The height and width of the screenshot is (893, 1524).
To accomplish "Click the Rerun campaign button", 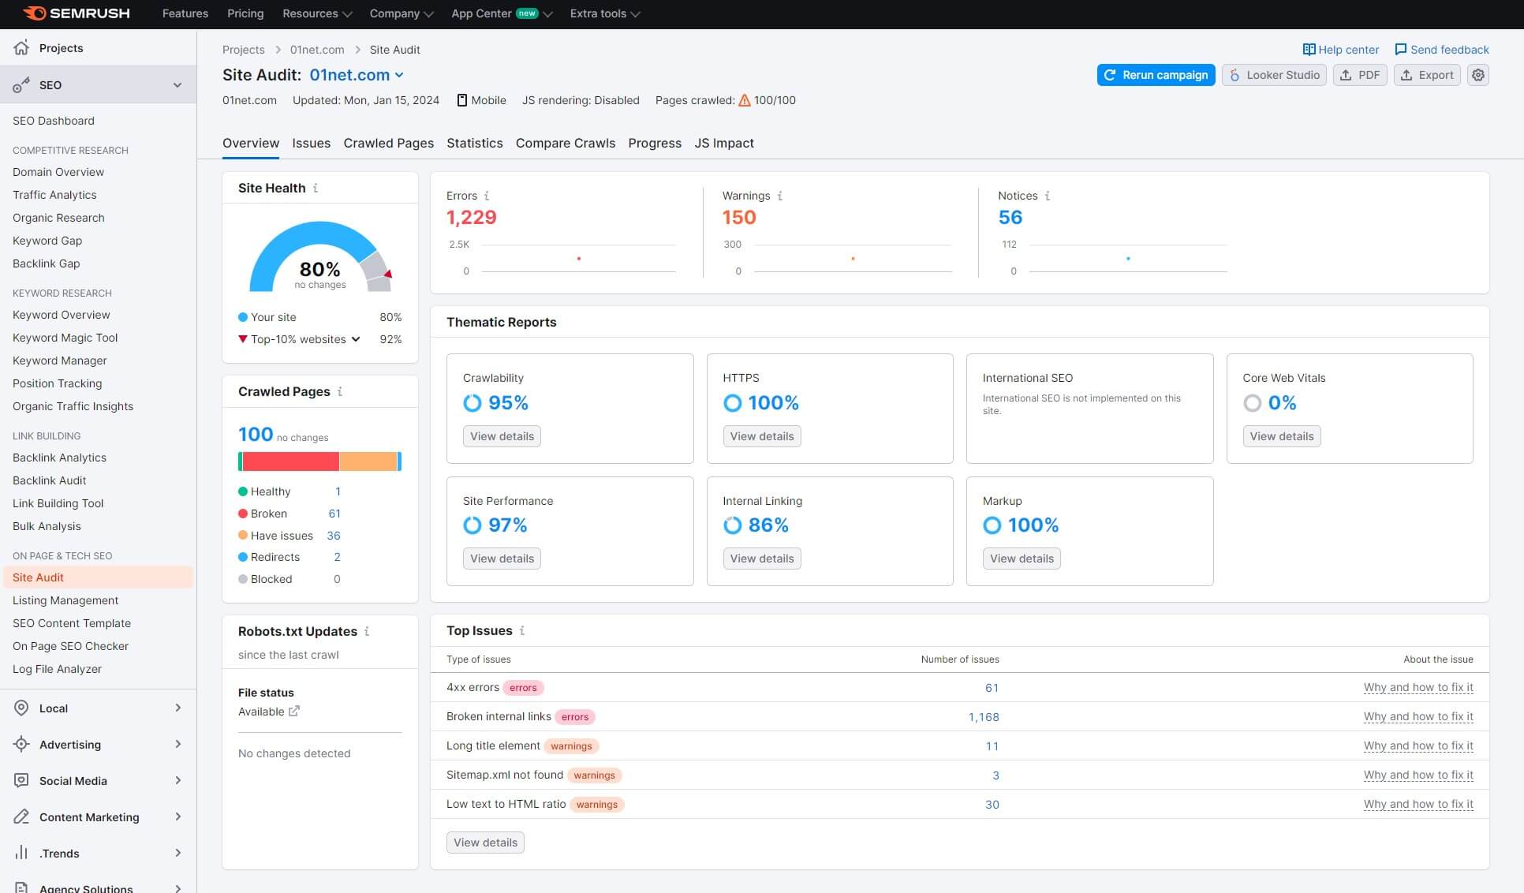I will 1156,75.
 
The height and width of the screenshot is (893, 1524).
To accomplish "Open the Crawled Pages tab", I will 388,143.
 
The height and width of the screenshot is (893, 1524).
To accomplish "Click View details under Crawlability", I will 502,436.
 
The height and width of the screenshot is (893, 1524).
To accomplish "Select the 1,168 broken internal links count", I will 983,717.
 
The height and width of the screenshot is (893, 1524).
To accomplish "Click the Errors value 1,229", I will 471,217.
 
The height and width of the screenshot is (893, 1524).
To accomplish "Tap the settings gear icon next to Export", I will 1478,75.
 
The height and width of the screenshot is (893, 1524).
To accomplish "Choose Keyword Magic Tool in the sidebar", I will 65,338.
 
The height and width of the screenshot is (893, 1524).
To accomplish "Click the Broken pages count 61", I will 334,514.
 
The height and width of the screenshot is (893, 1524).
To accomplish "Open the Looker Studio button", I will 1274,75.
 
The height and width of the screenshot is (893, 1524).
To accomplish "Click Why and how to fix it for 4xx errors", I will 1418,688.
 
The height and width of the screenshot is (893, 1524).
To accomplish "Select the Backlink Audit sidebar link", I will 49,480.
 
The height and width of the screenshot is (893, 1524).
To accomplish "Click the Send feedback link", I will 1441,50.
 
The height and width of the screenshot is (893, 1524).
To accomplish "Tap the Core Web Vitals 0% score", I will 1282,403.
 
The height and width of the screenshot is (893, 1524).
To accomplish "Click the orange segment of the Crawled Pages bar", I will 368,461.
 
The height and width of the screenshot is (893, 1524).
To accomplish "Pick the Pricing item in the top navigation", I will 245,13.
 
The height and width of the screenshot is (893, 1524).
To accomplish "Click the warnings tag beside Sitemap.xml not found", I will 594,775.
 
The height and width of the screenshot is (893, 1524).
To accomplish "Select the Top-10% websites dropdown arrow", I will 356,339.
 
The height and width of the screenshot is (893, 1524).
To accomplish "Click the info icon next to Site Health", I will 316,188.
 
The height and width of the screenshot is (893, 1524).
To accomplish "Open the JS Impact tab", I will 723,143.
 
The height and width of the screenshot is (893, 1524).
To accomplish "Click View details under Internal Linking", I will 761,559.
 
